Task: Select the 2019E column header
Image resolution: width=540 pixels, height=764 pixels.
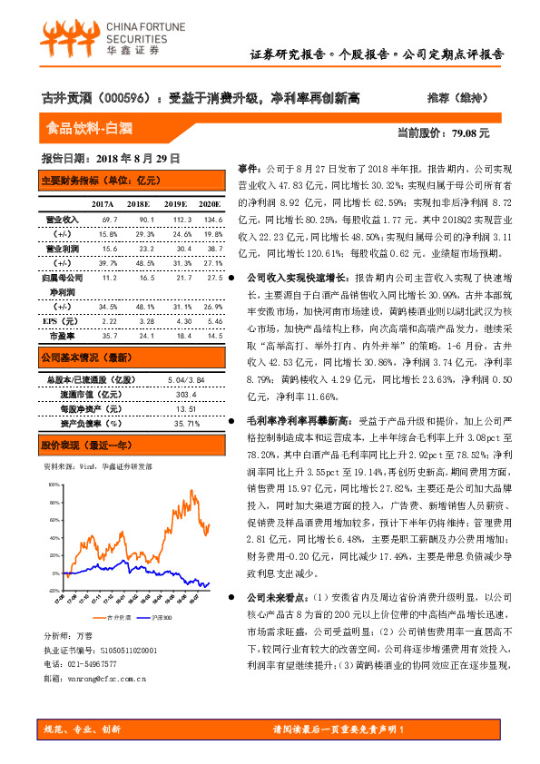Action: click(176, 204)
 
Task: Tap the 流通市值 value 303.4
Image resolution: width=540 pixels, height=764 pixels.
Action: click(182, 395)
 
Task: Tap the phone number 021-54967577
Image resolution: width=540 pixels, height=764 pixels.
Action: click(96, 663)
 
